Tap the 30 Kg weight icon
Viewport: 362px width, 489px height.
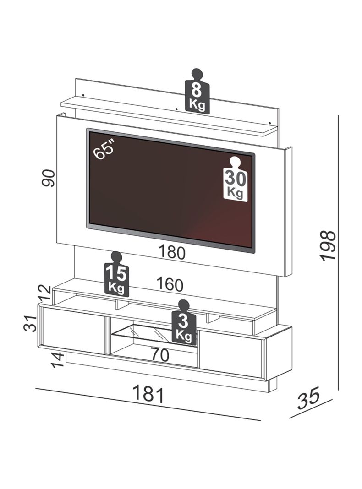click(236, 182)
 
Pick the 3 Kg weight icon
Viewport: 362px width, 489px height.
click(184, 325)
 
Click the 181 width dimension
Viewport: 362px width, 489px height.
click(148, 394)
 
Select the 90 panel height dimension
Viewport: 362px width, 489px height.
click(49, 178)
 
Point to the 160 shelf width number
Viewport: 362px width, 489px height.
click(170, 285)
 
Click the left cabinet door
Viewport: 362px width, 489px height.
click(72, 330)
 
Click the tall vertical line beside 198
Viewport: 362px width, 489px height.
click(338, 252)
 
